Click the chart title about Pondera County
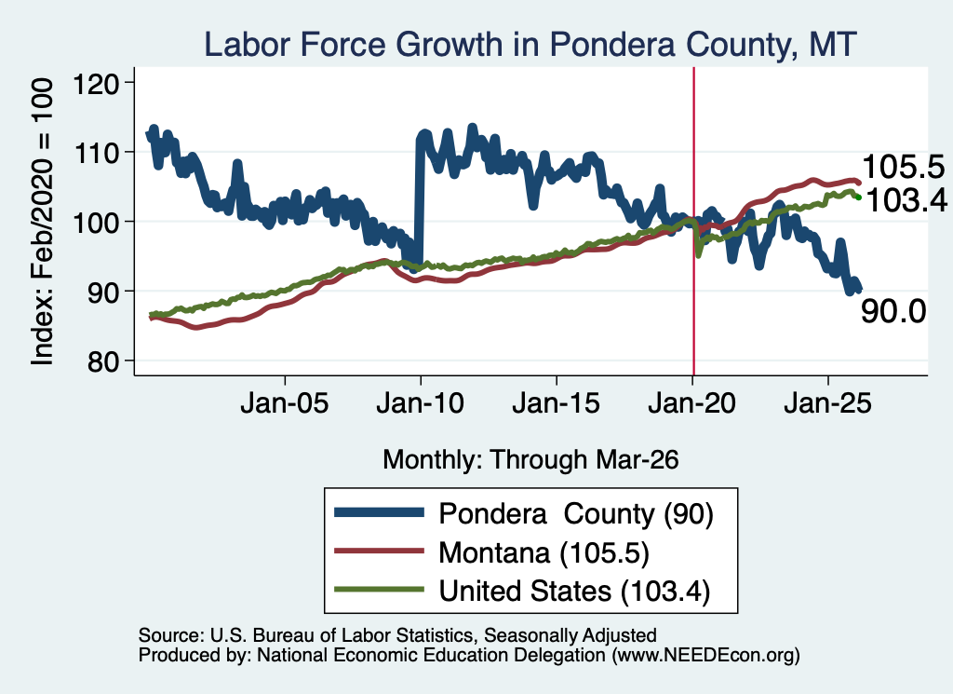pyautogui.click(x=530, y=45)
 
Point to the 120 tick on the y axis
pyautogui.click(x=96, y=83)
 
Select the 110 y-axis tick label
pyautogui.click(x=96, y=152)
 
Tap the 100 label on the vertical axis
pyautogui.click(x=96, y=222)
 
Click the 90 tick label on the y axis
pyautogui.click(x=103, y=292)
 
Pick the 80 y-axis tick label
pyautogui.click(x=103, y=361)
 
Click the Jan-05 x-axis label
pyautogui.click(x=285, y=403)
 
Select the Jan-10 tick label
pyautogui.click(x=421, y=403)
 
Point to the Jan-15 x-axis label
pyautogui.click(x=557, y=403)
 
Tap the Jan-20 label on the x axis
pyautogui.click(x=692, y=403)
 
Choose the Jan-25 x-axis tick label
pyautogui.click(x=827, y=403)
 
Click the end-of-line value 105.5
pyautogui.click(x=904, y=167)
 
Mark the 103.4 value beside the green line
pyautogui.click(x=906, y=200)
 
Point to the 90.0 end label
pyautogui.click(x=893, y=311)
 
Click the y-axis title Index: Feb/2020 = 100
pyautogui.click(x=42, y=222)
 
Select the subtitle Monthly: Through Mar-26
pyautogui.click(x=530, y=460)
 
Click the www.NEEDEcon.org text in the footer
pyautogui.click(x=705, y=655)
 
